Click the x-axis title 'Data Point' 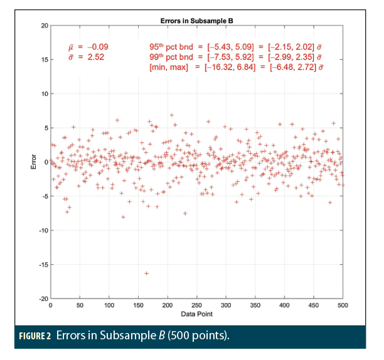[195, 313]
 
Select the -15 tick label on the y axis [43, 265]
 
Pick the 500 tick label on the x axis [343, 305]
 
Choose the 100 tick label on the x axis [109, 305]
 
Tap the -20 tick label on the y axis [43, 299]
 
